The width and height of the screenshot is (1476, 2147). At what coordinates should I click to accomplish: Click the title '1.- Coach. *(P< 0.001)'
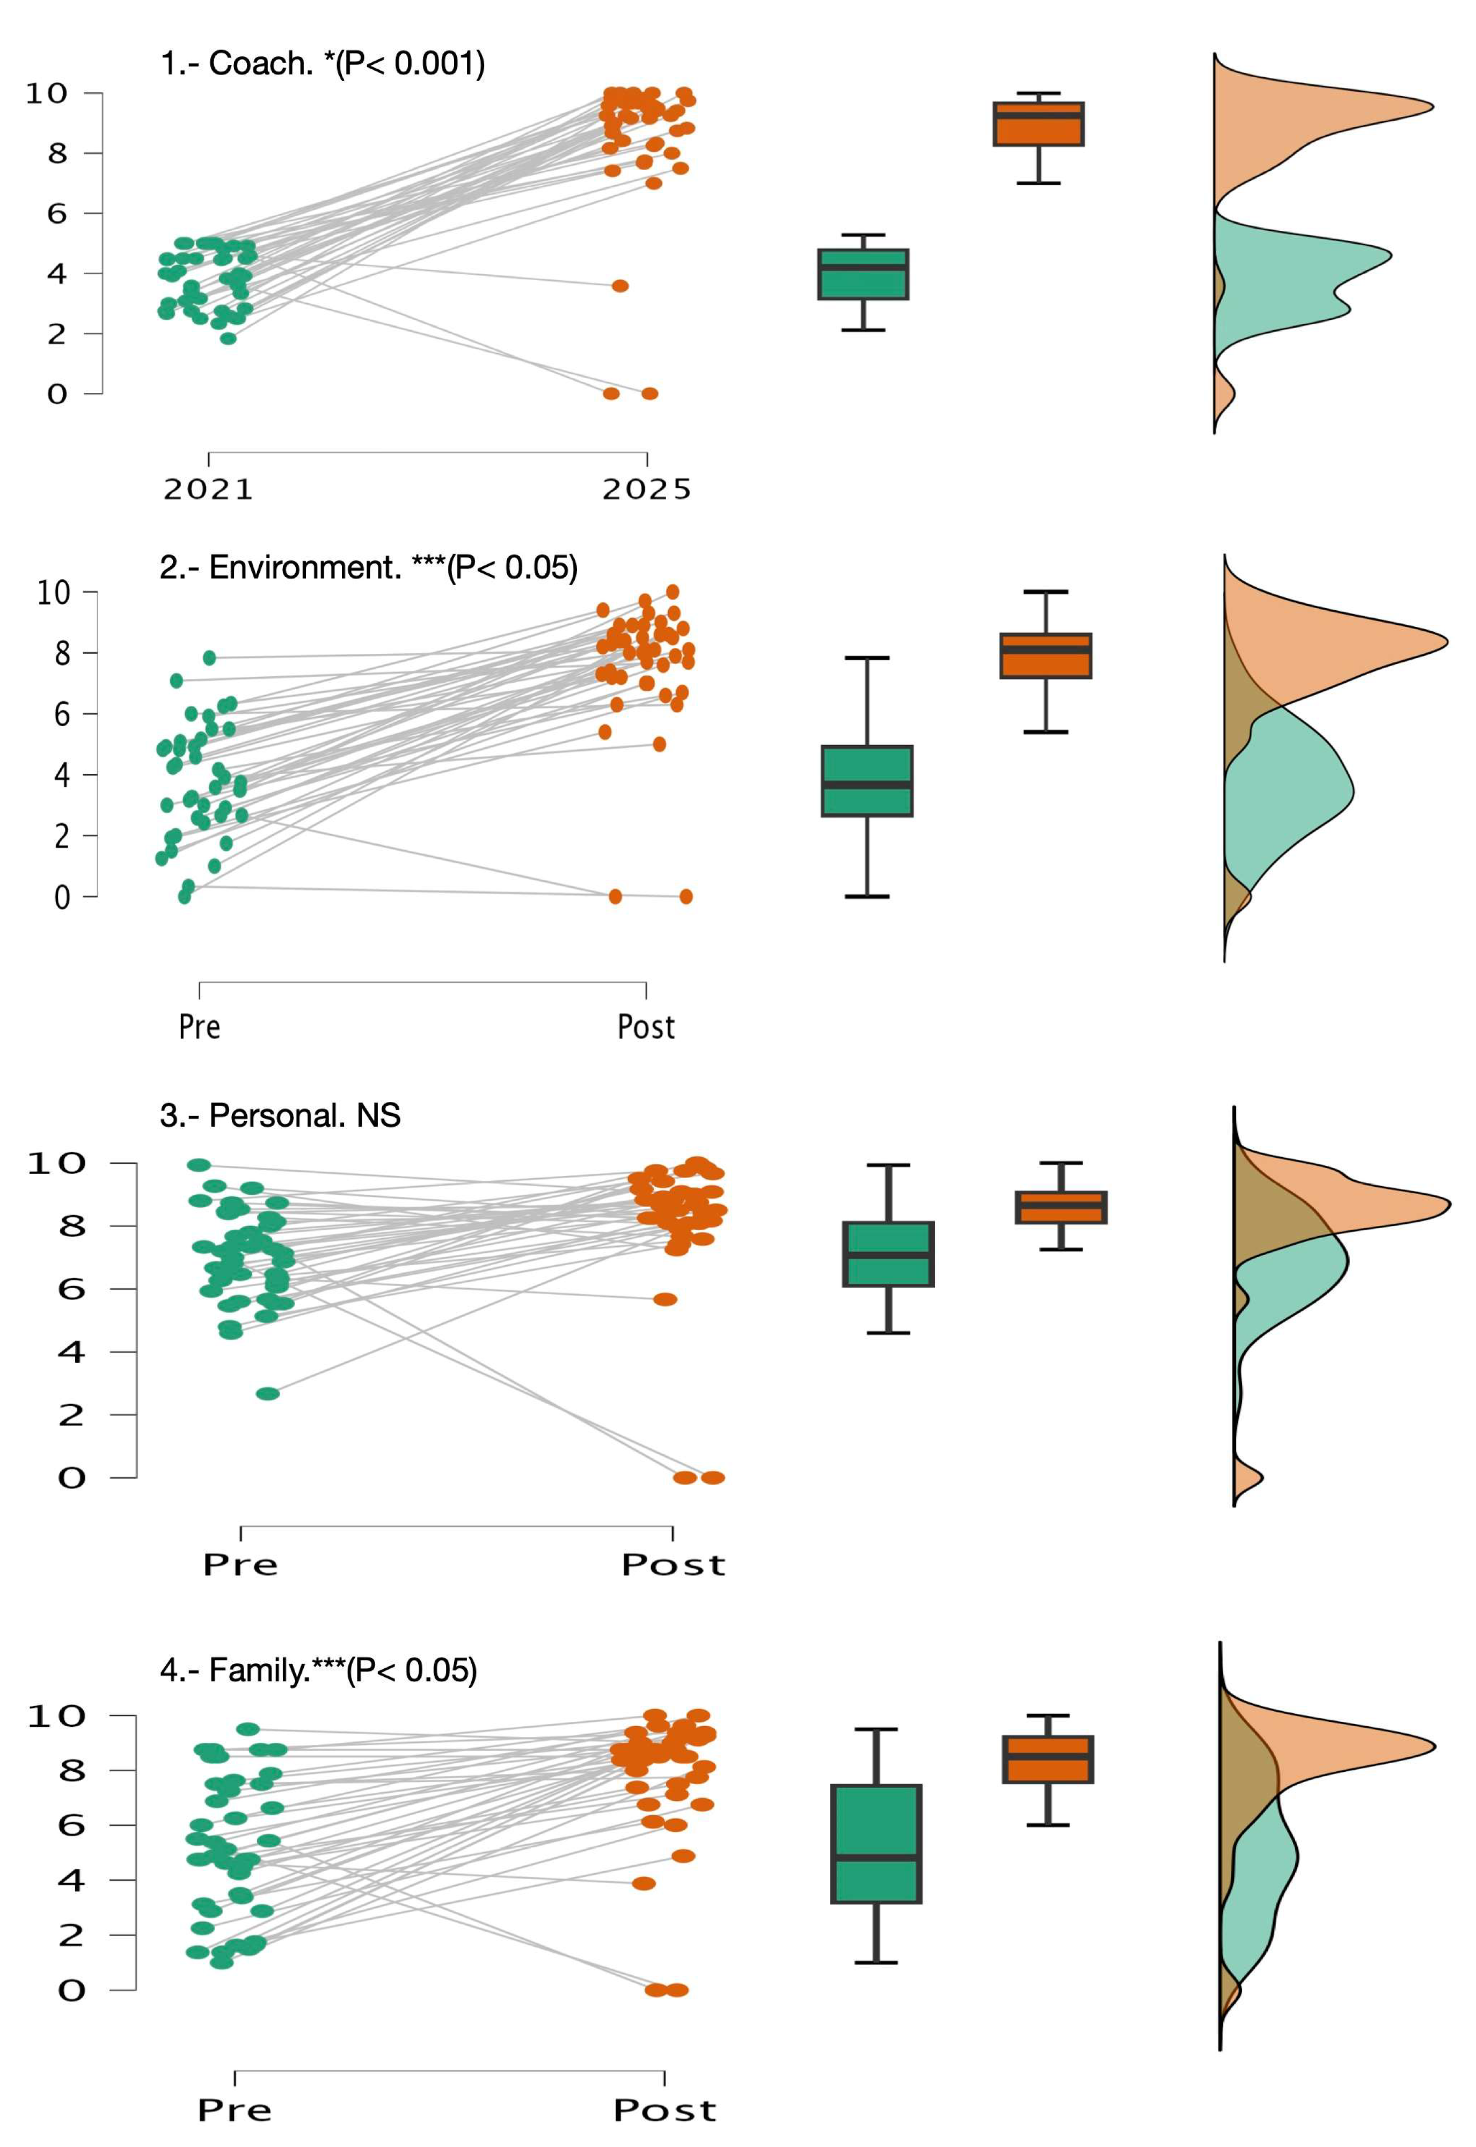[x=323, y=64]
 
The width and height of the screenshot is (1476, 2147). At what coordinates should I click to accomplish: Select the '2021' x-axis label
[x=208, y=489]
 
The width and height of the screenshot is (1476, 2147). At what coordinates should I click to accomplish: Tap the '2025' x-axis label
[x=646, y=489]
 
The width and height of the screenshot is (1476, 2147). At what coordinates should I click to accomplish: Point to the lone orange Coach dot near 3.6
[x=619, y=286]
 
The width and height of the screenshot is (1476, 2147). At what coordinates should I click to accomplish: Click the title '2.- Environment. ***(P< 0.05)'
[x=368, y=567]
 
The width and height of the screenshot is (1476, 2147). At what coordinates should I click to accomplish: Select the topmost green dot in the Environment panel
[x=210, y=658]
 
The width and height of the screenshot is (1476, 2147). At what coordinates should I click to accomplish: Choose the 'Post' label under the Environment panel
[x=646, y=1026]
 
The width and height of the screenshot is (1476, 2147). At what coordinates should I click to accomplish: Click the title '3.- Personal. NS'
[x=280, y=1115]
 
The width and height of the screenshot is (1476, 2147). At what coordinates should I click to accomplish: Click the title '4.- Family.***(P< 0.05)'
[x=318, y=1670]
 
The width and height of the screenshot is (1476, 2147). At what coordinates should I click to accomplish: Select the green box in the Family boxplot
[x=876, y=1843]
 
